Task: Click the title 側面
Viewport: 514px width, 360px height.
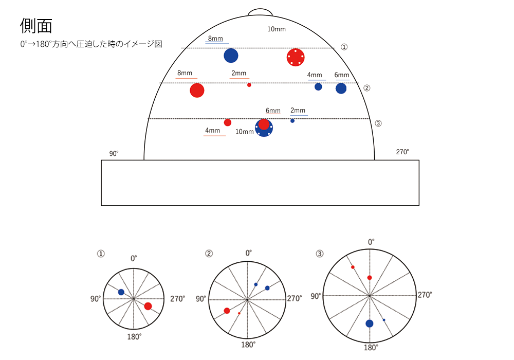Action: [36, 25]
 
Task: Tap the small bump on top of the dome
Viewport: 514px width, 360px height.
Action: [261, 12]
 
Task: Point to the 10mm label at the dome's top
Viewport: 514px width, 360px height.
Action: [276, 29]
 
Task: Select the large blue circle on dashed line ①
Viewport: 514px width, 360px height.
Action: [231, 56]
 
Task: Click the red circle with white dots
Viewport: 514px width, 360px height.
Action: [295, 57]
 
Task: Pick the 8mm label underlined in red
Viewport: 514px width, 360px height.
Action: [185, 73]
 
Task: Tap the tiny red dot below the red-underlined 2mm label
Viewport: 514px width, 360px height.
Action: [249, 85]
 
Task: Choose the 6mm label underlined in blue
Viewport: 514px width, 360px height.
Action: [342, 75]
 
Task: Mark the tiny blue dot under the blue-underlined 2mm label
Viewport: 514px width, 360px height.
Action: [292, 121]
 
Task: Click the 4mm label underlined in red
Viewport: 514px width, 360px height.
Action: [212, 131]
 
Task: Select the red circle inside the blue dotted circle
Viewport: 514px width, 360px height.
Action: [264, 124]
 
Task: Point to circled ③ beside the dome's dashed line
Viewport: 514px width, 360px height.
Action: [378, 123]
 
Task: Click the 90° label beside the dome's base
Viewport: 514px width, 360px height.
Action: [114, 153]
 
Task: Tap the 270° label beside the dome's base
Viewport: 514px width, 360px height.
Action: [402, 152]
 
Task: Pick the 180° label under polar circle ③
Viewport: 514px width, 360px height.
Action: [370, 348]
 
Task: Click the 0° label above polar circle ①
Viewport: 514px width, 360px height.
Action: [134, 259]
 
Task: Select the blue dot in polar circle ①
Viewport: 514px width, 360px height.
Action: [121, 292]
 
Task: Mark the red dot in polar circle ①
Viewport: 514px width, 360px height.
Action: [148, 306]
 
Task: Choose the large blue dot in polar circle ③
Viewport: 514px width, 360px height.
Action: [370, 323]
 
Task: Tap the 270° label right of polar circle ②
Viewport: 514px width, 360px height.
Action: [295, 298]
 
